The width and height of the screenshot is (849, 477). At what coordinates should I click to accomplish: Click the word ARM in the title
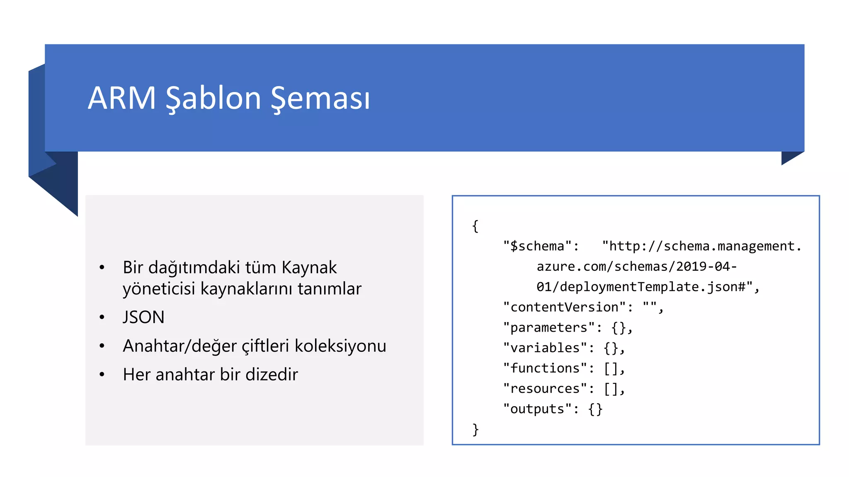(x=121, y=98)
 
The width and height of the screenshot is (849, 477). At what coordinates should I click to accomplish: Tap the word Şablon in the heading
(x=213, y=99)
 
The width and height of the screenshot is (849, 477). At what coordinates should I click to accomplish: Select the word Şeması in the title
(x=320, y=99)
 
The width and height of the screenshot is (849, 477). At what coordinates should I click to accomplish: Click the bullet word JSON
(x=143, y=318)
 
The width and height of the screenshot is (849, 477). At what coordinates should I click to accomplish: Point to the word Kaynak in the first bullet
(x=309, y=267)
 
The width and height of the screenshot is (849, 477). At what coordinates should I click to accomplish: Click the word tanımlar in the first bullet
(x=329, y=289)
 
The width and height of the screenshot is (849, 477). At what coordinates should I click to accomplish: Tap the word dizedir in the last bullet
(x=272, y=374)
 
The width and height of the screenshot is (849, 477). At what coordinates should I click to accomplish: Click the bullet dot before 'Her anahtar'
(x=102, y=375)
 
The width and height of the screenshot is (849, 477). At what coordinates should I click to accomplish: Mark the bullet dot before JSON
(x=102, y=318)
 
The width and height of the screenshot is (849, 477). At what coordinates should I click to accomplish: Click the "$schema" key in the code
(x=537, y=246)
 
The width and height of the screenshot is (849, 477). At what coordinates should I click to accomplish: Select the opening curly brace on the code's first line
(x=475, y=226)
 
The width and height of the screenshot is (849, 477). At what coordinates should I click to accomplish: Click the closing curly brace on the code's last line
(x=475, y=429)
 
